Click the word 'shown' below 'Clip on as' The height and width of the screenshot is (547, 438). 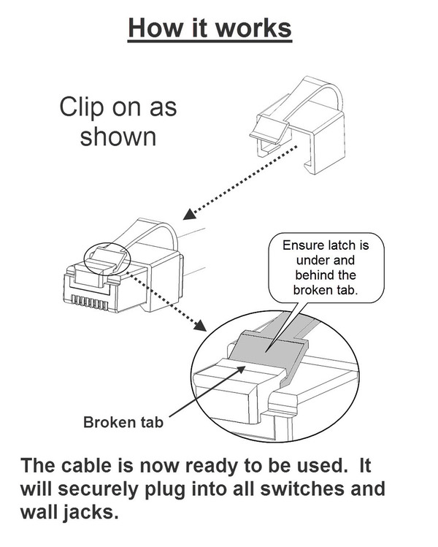[x=118, y=137]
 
